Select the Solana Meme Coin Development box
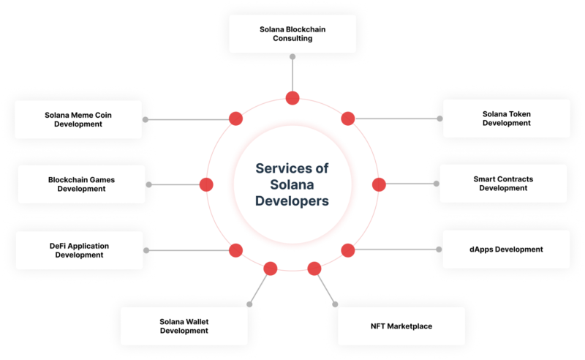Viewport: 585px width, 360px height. pos(78,119)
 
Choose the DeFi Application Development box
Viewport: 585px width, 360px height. pos(79,250)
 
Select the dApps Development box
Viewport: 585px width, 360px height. pos(506,250)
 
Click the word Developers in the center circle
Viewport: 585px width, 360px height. pos(292,199)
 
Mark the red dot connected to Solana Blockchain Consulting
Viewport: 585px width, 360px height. pos(292,98)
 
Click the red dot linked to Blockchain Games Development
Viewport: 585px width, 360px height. pos(206,184)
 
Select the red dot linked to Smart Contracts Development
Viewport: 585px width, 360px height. pos(378,184)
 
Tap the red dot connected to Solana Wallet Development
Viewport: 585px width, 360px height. pos(270,269)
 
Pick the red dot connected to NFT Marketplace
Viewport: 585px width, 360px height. pos(315,269)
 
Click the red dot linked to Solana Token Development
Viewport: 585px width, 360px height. pos(348,119)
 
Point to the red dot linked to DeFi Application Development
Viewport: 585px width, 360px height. pos(235,250)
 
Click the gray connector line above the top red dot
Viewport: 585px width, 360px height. pos(292,73)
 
